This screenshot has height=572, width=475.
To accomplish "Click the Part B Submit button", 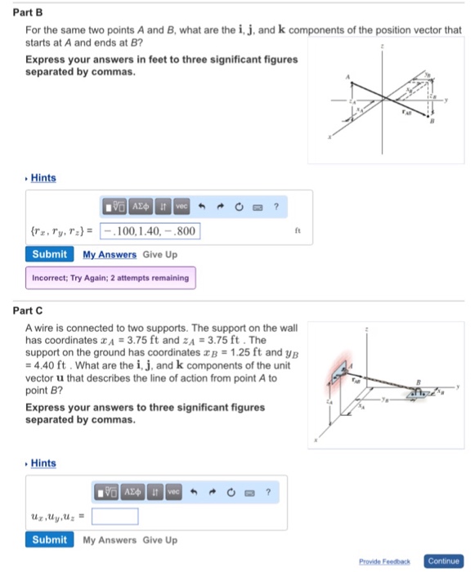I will (49, 254).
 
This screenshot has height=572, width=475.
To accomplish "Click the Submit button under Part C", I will (49, 540).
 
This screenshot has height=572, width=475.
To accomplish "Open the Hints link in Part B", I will (43, 178).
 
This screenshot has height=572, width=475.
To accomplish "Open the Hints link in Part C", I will (43, 464).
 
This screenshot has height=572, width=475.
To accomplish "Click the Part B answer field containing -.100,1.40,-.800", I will (150, 231).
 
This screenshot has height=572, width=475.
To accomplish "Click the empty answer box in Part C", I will (114, 516).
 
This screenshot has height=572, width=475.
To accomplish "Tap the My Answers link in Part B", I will (109, 254).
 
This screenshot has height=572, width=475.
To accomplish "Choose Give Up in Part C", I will (159, 540).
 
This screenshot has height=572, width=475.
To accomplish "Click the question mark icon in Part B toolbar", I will (277, 207).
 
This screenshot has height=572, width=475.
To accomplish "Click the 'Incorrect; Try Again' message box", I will (110, 278).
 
